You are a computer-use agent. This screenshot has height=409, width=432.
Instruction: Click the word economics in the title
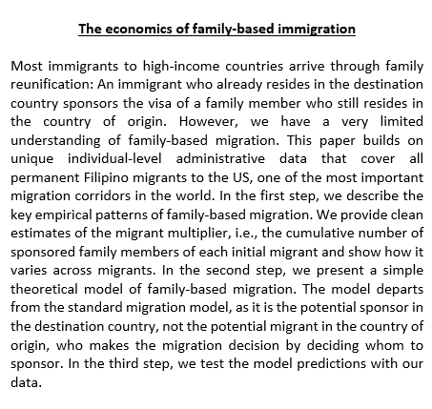[x=140, y=29]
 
